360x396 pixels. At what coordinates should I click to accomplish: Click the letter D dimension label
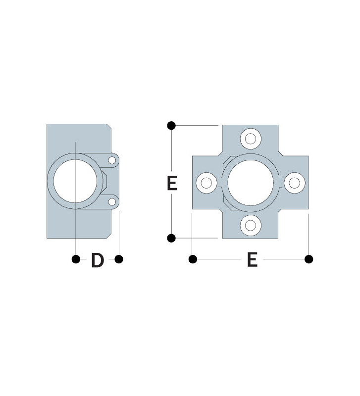point(98,260)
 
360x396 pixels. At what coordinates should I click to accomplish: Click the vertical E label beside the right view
point(172,183)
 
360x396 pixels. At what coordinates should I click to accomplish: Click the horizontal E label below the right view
point(252,259)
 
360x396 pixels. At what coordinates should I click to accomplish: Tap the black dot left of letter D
point(76,259)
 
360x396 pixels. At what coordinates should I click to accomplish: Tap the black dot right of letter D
point(119,259)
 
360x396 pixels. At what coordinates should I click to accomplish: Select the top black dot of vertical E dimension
point(171,126)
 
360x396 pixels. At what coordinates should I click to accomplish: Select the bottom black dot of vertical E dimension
point(171,238)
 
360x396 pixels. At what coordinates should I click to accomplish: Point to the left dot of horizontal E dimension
point(193,259)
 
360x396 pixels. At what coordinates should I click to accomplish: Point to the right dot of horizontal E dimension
point(309,259)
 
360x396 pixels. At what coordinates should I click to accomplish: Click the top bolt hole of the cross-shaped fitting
point(251,138)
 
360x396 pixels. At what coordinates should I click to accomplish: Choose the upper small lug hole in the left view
point(112,160)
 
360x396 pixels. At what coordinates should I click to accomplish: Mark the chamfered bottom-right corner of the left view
point(108,235)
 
